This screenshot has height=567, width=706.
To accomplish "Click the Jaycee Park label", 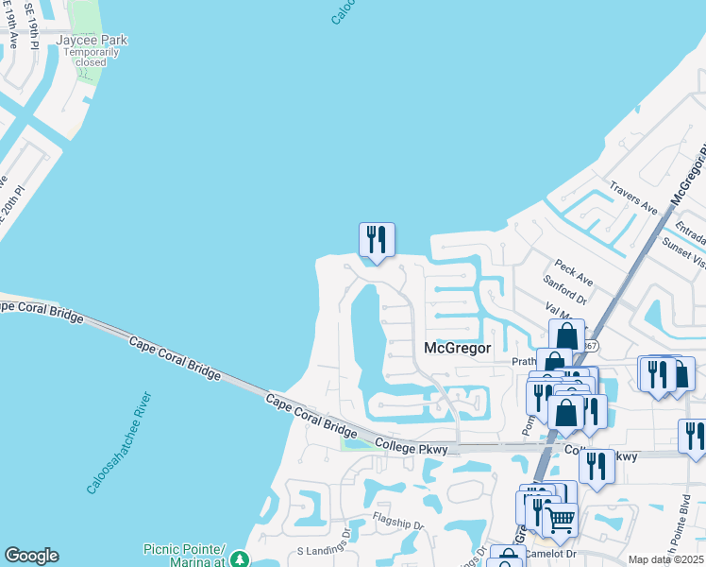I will (x=92, y=40).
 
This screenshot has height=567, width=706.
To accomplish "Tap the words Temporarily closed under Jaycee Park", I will (x=92, y=57).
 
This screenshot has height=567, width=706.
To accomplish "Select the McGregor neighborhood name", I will (x=458, y=348).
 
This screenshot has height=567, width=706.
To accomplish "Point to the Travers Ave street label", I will (x=632, y=198).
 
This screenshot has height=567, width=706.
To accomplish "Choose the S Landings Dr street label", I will (x=324, y=547).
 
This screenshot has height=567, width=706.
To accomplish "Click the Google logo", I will (x=31, y=556).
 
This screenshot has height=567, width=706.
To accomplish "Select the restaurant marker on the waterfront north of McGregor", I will (x=376, y=240).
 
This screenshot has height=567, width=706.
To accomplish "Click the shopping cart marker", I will (x=561, y=519).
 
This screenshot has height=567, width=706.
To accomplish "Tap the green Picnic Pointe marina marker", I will (x=240, y=559).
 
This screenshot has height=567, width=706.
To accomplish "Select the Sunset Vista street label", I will (x=688, y=253).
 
